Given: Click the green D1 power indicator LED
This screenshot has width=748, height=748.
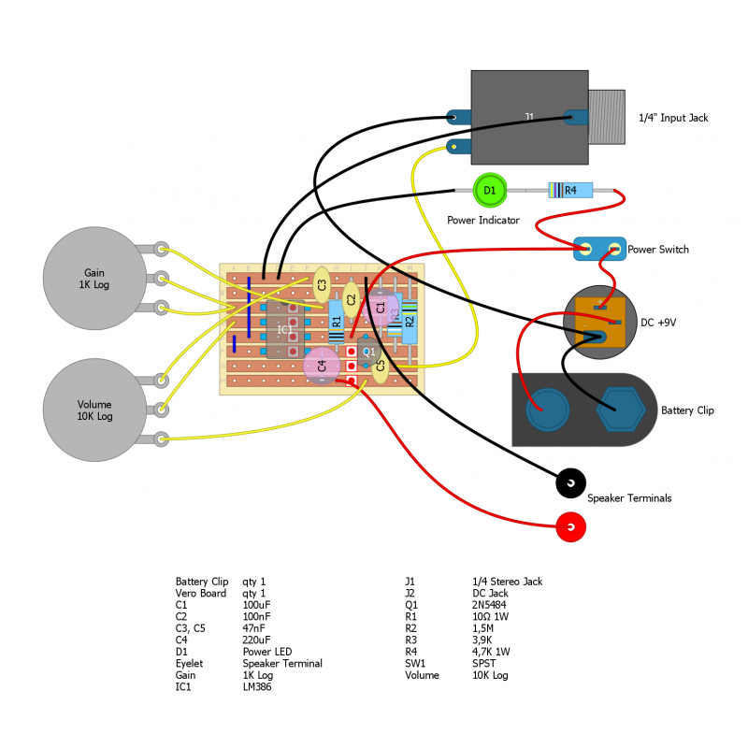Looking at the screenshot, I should click(488, 190).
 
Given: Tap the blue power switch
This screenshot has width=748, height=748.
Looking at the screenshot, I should click(598, 249).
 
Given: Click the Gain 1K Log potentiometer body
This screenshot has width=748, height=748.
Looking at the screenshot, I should click(94, 278).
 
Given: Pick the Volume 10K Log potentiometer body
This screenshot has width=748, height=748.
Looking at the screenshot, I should click(94, 410).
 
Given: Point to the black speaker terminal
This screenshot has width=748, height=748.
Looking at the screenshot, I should click(570, 483).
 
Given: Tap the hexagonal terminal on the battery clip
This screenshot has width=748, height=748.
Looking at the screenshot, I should click(617, 410).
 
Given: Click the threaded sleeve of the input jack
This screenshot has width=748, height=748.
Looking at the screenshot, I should click(606, 117).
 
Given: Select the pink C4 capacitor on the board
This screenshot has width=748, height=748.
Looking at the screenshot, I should click(322, 366).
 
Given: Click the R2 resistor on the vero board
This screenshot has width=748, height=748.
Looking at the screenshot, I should click(409, 321).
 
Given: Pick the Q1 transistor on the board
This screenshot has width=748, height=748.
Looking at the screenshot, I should click(368, 352).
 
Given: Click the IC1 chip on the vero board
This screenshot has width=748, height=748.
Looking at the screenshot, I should click(283, 329).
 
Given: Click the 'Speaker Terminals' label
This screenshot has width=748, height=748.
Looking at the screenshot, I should click(629, 498).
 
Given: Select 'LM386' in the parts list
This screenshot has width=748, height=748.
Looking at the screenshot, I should click(257, 687).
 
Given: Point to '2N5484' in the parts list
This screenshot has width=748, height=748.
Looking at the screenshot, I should click(492, 605).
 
